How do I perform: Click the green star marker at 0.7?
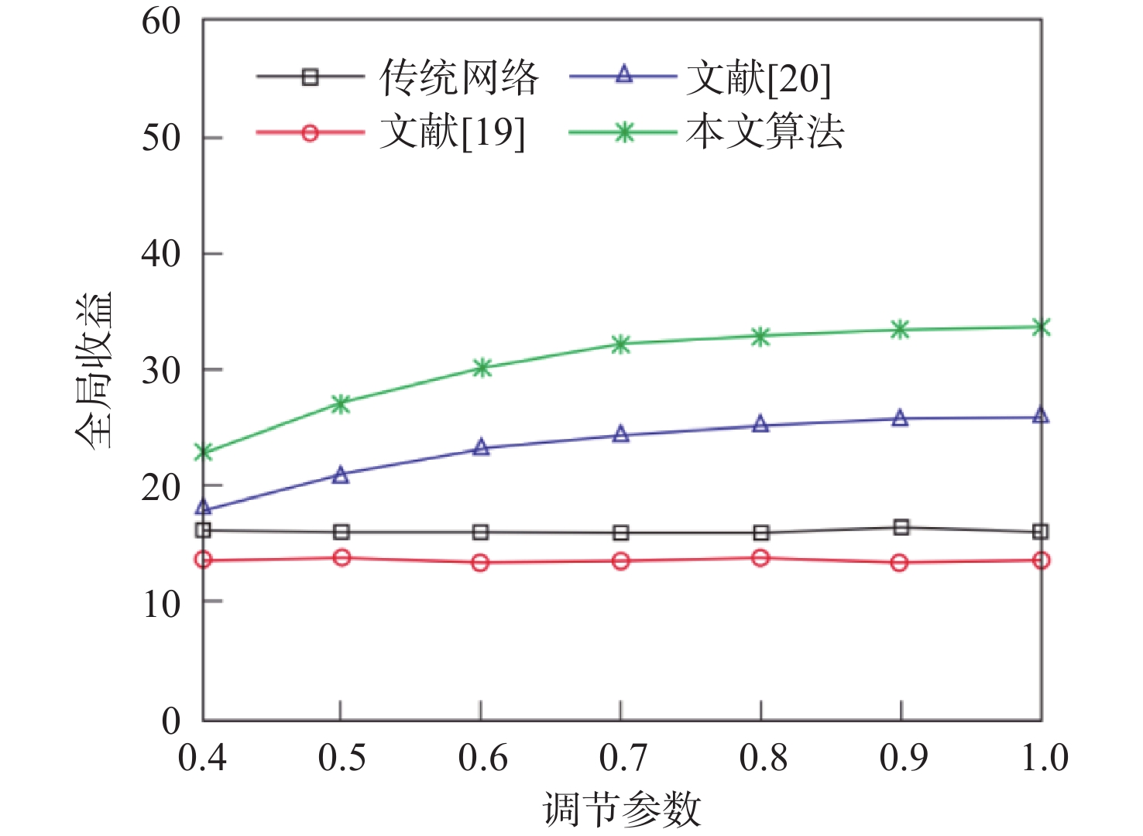point(620,344)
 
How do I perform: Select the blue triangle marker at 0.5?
point(341,475)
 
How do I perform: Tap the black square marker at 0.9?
point(901,528)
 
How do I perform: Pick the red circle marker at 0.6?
point(480,563)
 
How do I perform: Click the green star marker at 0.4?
point(204,452)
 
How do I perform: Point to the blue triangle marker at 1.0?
point(1041,416)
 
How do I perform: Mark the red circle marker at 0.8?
point(760,558)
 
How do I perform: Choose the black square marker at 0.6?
point(480,533)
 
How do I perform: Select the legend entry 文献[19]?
point(452,133)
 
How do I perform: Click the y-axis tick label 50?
point(161,138)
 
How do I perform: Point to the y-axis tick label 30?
point(161,370)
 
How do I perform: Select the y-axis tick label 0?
point(171,721)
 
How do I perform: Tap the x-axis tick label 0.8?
point(763,757)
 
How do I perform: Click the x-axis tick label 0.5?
point(342,757)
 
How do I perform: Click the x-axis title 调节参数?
point(622,810)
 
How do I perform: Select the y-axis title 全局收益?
point(94,370)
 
